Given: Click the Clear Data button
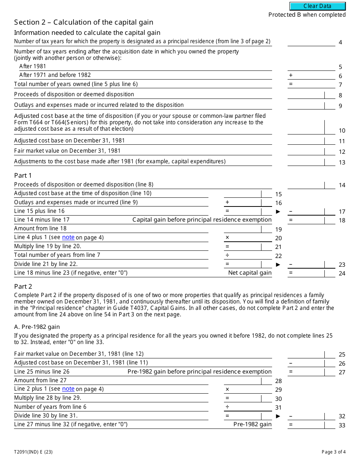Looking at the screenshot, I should tap(318, 6).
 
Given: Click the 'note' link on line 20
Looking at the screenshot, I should tap(68, 237).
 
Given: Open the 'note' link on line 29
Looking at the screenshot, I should tap(68, 389).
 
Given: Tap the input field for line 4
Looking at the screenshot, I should tap(311, 42).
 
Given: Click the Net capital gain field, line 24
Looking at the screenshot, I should tap(311, 273).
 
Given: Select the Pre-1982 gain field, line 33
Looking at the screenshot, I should tap(311, 424).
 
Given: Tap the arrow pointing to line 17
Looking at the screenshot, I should tap(278, 211).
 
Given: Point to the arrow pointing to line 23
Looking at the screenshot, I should tap(278, 264).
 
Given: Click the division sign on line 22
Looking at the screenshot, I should tap(227, 255).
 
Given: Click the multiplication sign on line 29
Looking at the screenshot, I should tap(227, 389).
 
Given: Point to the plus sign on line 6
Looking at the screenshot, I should tap(291, 75).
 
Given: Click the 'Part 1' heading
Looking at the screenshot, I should tap(23, 175).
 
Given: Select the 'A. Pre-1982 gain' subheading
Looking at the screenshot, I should tap(37, 327).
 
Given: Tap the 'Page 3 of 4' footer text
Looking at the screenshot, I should tap(333, 452).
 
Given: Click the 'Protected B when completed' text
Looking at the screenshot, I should tap(307, 15).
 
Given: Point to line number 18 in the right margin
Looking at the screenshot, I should tap(342, 220).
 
